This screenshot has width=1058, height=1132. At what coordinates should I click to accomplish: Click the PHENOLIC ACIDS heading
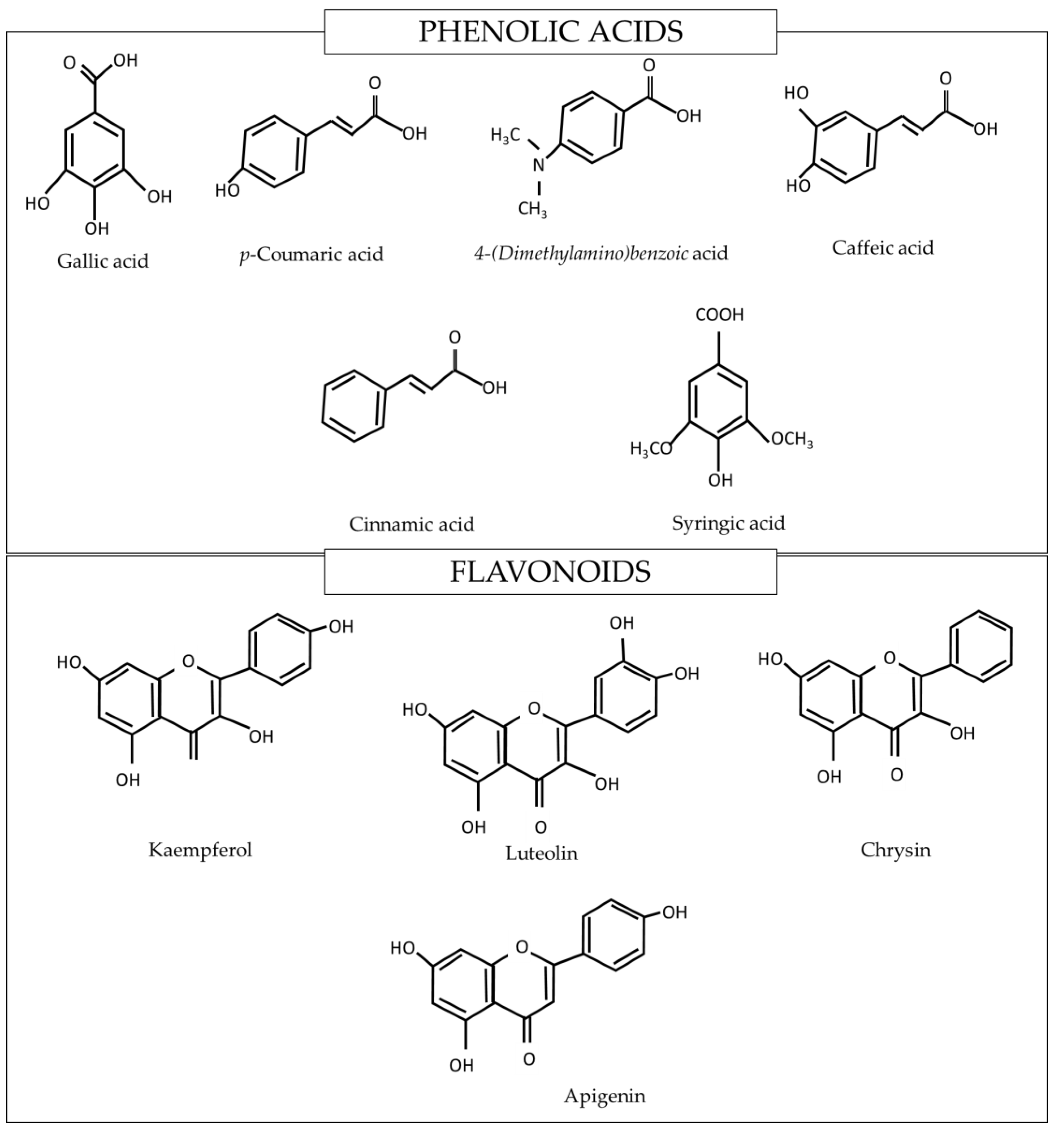tap(550, 32)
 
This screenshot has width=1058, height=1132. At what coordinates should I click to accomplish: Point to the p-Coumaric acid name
tap(311, 254)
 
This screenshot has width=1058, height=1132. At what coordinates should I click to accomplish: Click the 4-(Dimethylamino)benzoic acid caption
tap(601, 252)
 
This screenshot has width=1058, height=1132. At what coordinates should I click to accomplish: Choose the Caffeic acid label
tap(882, 248)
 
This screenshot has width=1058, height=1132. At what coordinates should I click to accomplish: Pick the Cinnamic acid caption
tap(411, 524)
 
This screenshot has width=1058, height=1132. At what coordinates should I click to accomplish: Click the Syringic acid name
tap(728, 523)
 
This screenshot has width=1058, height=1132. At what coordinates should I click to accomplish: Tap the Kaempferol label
tap(200, 850)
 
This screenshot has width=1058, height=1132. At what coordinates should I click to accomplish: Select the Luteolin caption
tap(541, 853)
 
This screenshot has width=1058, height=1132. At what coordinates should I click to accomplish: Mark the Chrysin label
tap(895, 850)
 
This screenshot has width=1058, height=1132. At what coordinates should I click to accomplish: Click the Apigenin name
tap(605, 1096)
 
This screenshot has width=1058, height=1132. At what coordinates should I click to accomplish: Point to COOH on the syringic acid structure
tap(720, 315)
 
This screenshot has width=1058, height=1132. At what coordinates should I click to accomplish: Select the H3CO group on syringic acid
tap(651, 449)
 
